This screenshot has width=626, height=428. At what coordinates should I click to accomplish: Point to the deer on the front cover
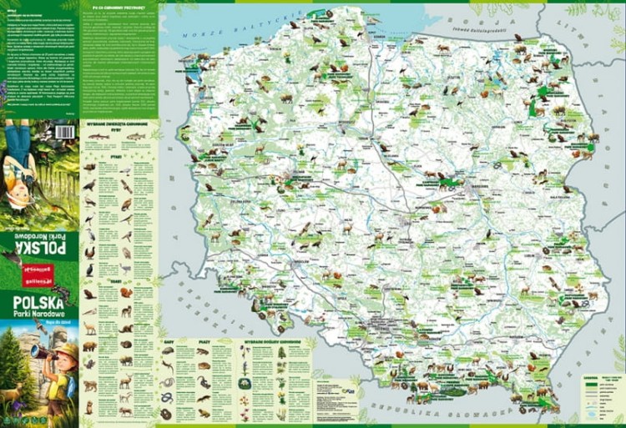[x=13, y=392]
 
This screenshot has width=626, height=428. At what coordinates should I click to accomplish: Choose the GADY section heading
[x=168, y=340]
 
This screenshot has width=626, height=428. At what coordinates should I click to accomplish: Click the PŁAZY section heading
[x=204, y=340]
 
